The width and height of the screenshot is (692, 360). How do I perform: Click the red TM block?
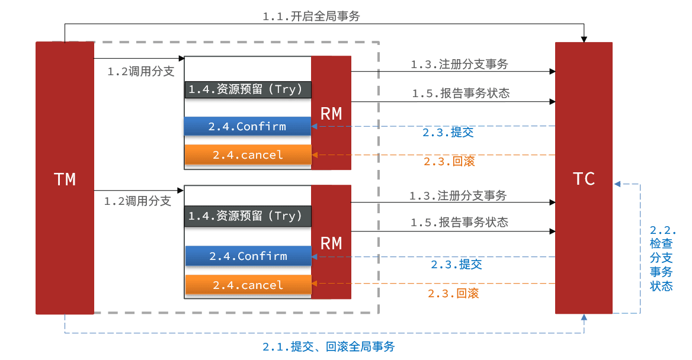pos(65,178)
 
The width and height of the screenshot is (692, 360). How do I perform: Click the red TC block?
pos(584,178)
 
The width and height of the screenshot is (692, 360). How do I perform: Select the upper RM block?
pos(331,113)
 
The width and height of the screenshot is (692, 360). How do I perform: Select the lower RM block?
pos(331,243)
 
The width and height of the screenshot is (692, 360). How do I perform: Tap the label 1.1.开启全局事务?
pos(311,17)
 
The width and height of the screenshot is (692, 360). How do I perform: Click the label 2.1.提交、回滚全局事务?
pos(328,347)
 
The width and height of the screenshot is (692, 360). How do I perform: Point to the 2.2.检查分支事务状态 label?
pos(662,258)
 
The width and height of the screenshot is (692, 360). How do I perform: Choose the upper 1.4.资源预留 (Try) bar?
pos(248,89)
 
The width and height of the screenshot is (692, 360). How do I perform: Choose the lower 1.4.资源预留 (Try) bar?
pos(248,216)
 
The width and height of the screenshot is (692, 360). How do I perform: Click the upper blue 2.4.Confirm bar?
pos(248,126)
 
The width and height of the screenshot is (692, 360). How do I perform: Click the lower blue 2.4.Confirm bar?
pos(248,256)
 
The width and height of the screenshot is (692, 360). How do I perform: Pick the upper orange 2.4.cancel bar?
pos(248,155)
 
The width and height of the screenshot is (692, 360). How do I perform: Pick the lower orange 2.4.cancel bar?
pos(248,285)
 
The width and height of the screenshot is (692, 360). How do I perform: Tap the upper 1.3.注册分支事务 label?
pos(459,65)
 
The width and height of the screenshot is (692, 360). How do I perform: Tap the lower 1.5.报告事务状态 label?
pos(459,223)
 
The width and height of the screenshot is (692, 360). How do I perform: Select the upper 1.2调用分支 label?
pos(141,72)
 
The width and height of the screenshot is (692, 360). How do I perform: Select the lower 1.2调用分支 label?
pos(137,201)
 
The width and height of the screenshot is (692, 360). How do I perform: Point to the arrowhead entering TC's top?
pos(584,39)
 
